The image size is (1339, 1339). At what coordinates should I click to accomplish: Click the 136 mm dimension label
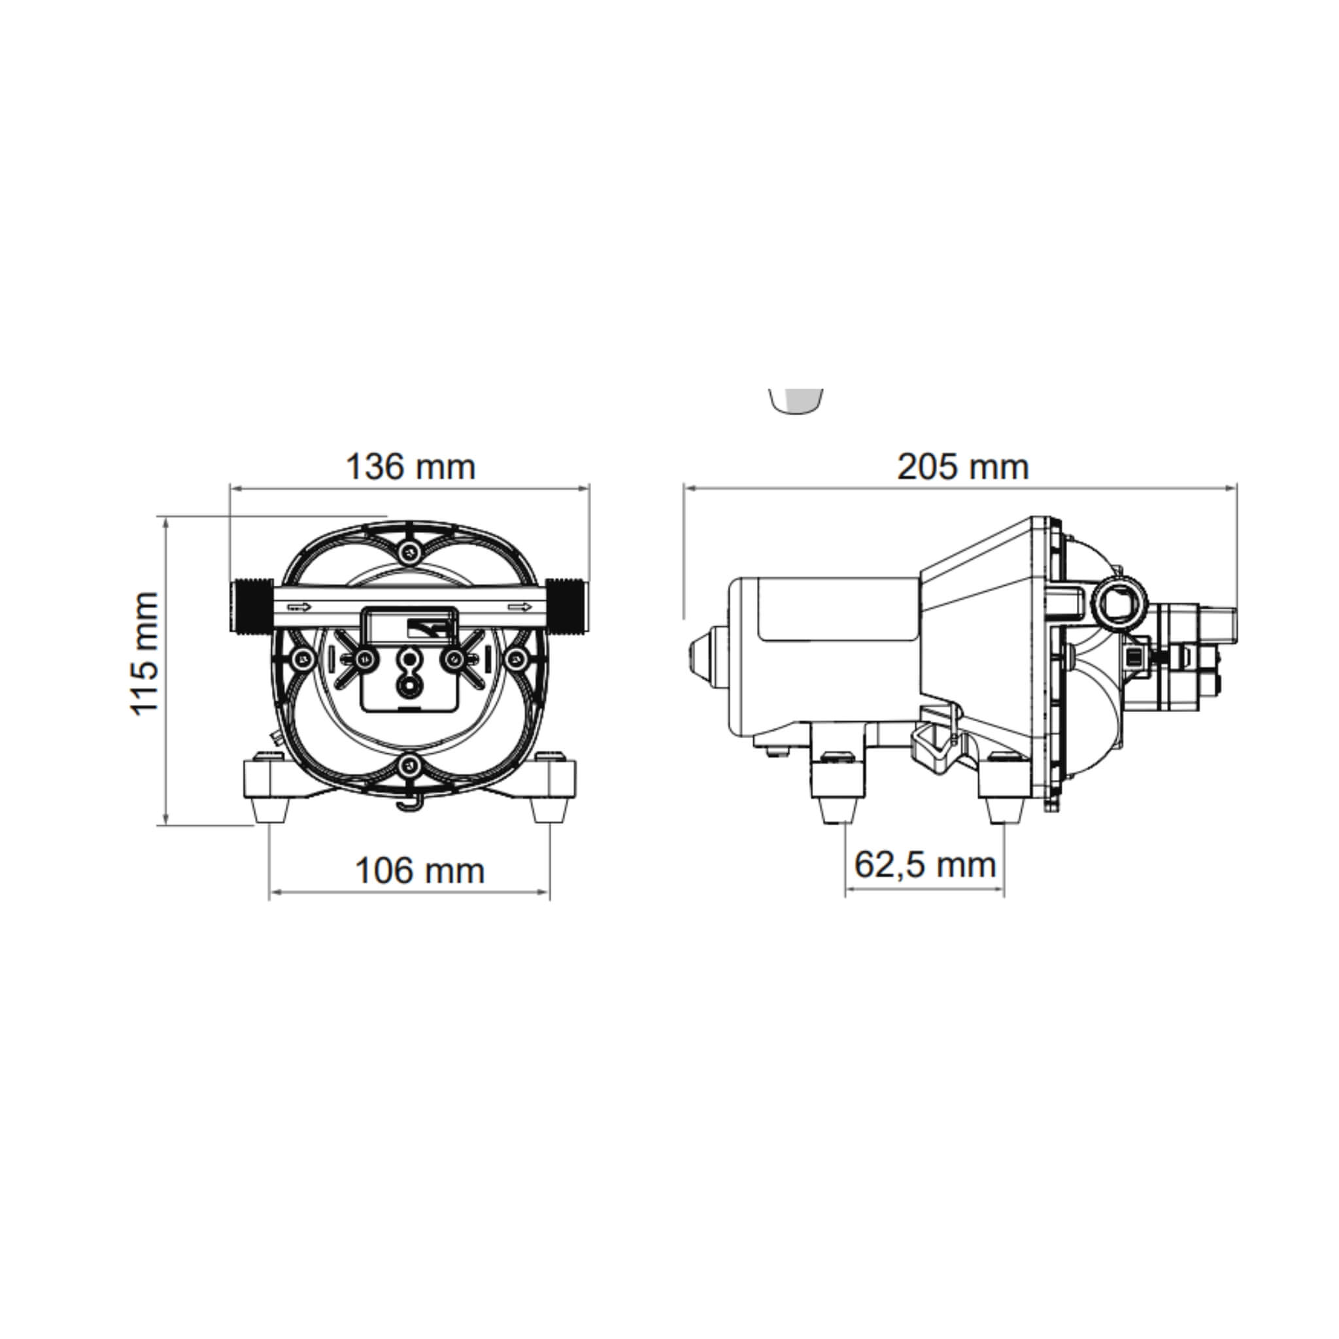click(411, 466)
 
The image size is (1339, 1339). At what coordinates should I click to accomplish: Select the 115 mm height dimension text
click(144, 654)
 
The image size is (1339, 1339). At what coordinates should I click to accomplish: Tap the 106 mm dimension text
click(419, 870)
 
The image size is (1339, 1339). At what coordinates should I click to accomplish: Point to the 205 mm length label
click(962, 466)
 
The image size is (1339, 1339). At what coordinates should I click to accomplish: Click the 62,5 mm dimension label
click(924, 864)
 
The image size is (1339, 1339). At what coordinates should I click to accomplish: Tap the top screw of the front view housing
click(409, 551)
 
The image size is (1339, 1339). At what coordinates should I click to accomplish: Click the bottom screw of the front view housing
click(409, 765)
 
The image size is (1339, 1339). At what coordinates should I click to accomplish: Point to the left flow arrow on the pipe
click(300, 608)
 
